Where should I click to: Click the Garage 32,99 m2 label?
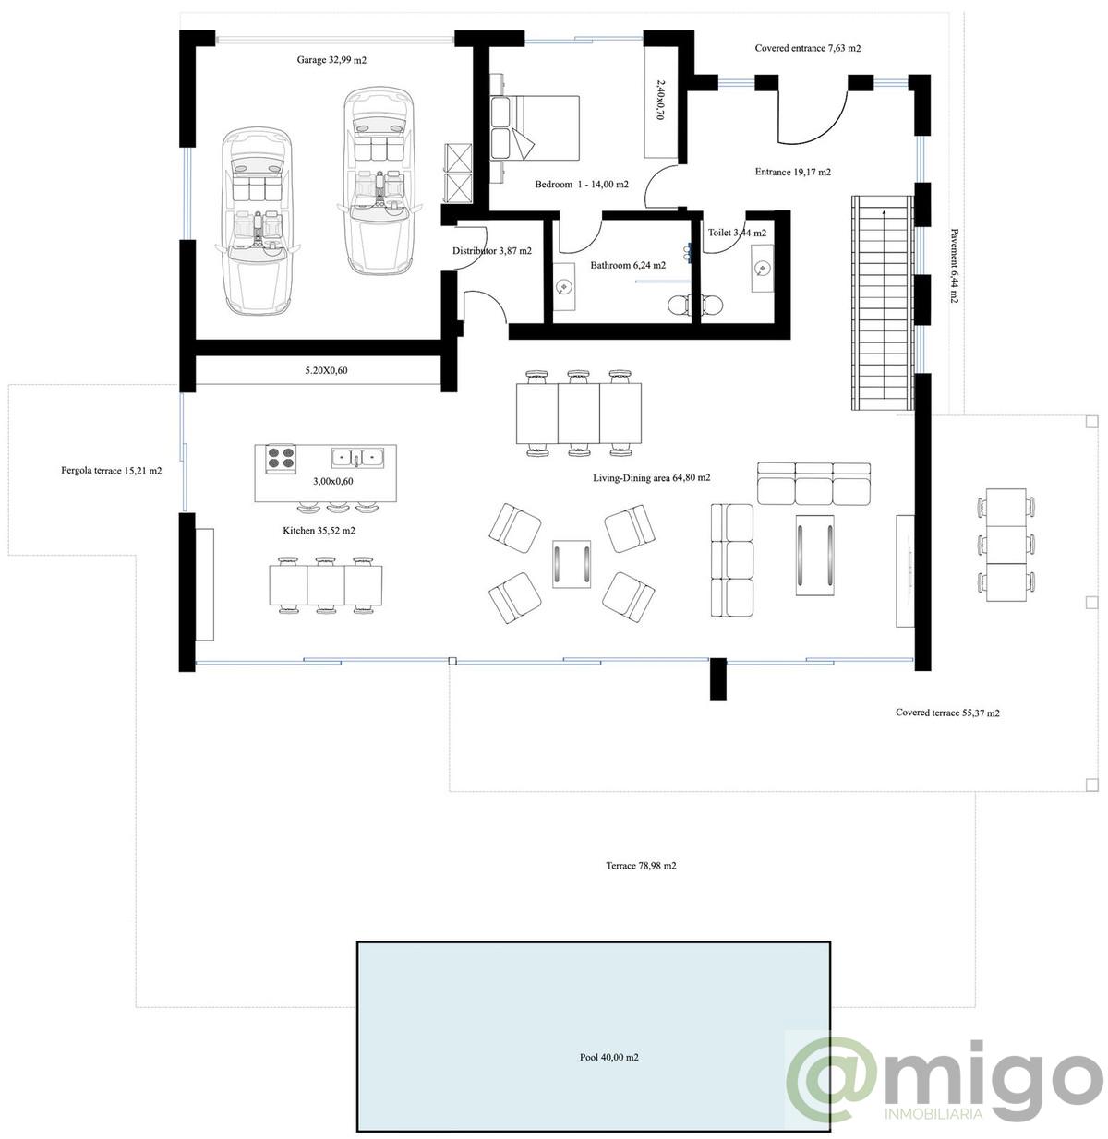coord(331,60)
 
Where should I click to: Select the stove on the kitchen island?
coord(281,458)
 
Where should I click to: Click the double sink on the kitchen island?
coord(358,456)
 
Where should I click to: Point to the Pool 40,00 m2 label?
coord(602,1058)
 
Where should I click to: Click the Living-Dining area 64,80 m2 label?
coord(651,478)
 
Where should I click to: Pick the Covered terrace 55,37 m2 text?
coord(947,713)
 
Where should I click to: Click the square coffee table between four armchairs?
coord(572,563)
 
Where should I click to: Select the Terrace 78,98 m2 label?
coord(641,866)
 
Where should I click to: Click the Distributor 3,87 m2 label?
coord(491,251)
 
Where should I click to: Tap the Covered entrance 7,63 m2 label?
coord(807,48)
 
